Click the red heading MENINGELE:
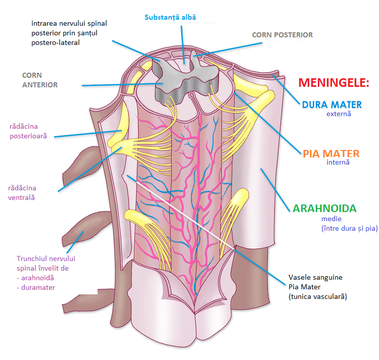(334, 83)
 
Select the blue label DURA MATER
(332, 105)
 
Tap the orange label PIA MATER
(331, 153)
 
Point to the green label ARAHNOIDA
(324, 208)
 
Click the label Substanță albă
(170, 17)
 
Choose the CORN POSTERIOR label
(282, 35)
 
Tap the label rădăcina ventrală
(22, 193)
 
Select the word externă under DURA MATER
(339, 114)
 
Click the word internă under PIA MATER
(338, 163)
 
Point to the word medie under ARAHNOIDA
(331, 219)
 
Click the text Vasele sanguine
(315, 278)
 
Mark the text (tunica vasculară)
(317, 297)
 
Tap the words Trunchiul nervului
(46, 259)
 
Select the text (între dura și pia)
(349, 228)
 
